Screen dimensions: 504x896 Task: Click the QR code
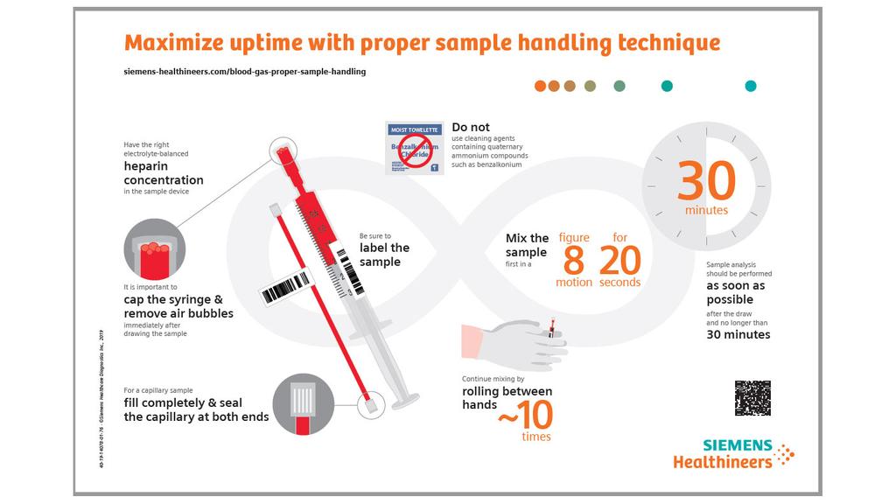pyautogui.click(x=752, y=398)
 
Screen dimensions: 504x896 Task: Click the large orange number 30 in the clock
pyautogui.click(x=706, y=181)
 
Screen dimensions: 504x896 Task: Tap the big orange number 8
pyautogui.click(x=574, y=261)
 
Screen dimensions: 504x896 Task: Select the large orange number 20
pyautogui.click(x=619, y=261)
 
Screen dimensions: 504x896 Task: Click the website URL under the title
pyautogui.click(x=245, y=72)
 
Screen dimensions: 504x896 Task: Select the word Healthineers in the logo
pyautogui.click(x=723, y=461)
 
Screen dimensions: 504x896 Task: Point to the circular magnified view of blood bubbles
pyautogui.click(x=154, y=248)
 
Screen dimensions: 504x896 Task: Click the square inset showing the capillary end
pyautogui.click(x=303, y=403)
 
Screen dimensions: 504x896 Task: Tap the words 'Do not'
pyautogui.click(x=471, y=128)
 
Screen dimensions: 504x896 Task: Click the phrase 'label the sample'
pyautogui.click(x=384, y=254)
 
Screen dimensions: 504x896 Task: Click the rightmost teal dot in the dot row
pyautogui.click(x=750, y=86)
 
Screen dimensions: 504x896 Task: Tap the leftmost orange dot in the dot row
pyautogui.click(x=541, y=86)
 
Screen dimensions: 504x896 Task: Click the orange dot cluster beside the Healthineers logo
pyautogui.click(x=786, y=453)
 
